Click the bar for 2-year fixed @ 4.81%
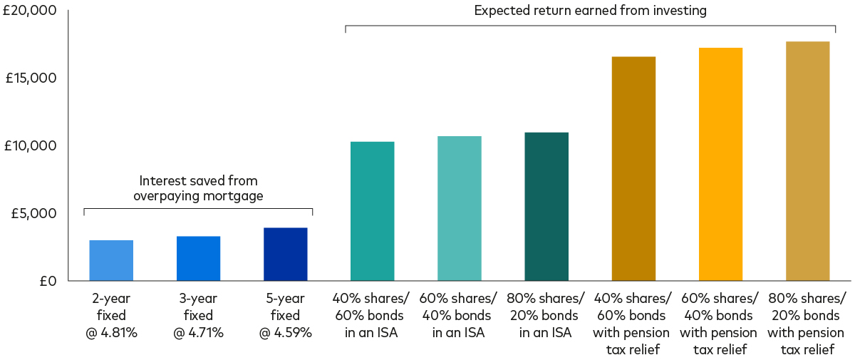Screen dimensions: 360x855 111,260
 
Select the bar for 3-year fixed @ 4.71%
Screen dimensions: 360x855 198,258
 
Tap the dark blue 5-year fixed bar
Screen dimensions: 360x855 285,254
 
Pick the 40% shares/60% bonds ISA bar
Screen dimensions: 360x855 372,211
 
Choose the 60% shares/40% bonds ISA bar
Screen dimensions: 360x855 460,208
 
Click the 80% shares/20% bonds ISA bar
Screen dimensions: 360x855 546,206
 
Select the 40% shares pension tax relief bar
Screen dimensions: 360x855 633,168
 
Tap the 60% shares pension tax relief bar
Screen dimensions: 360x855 720,164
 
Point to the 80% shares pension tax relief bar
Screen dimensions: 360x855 808,160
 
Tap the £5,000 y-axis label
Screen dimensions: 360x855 34,213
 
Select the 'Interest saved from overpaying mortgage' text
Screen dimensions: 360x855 198,187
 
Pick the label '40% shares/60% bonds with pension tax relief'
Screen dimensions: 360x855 633,323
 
